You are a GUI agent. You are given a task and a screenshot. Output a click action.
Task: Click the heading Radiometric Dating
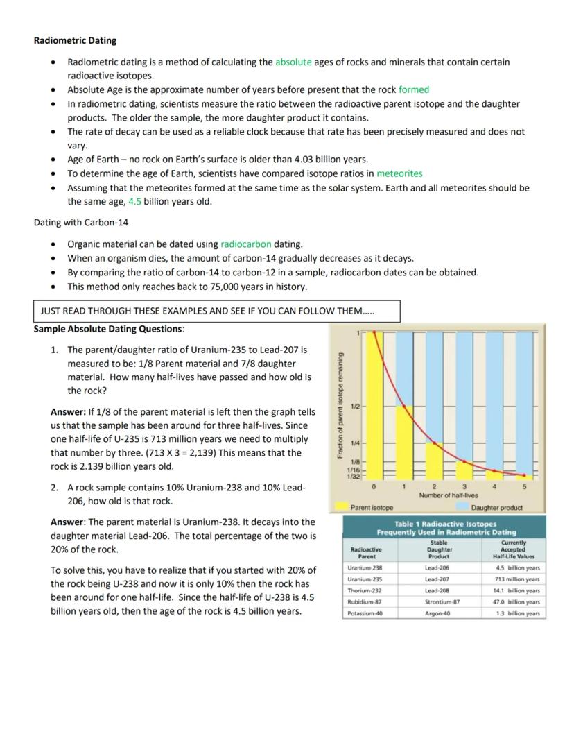point(75,40)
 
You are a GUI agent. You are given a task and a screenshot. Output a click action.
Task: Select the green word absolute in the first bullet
point(293,62)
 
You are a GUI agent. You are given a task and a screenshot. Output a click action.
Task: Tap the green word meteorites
point(399,173)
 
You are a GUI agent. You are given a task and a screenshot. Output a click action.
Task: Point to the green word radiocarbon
point(245,244)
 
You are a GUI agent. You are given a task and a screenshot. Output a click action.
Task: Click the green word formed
point(413,89)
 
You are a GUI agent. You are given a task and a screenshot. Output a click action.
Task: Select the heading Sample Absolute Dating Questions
point(109,328)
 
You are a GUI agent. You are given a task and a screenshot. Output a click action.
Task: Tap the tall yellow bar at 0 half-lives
point(375,406)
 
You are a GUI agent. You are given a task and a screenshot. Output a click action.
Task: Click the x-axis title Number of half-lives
point(448,495)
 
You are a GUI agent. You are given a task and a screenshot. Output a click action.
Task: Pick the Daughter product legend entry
point(496,508)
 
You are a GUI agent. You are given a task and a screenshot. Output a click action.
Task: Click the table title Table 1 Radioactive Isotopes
point(444,524)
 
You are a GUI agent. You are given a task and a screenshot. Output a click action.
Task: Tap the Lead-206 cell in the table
point(437,567)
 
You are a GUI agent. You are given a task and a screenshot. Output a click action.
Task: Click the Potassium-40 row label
point(365,614)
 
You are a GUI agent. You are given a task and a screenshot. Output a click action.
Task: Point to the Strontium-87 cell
point(441,602)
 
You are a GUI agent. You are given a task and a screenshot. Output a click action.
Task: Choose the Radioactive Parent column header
point(366,552)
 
